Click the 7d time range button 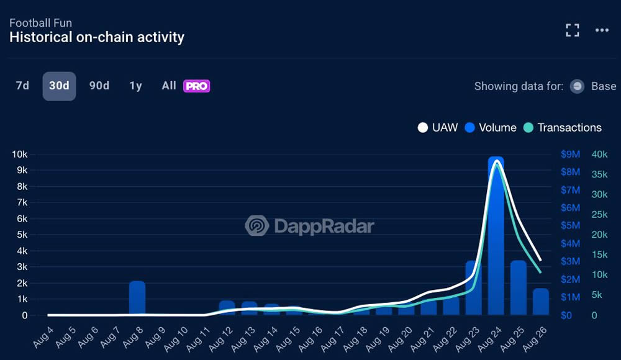click(x=22, y=86)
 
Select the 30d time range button click(x=59, y=86)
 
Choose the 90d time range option click(x=99, y=86)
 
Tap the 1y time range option click(x=135, y=86)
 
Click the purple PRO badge click(x=196, y=86)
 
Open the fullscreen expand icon click(x=572, y=30)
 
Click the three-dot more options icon click(x=602, y=30)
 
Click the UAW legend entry click(x=438, y=128)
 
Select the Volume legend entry click(x=491, y=128)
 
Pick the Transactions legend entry click(x=563, y=128)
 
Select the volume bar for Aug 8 click(x=137, y=298)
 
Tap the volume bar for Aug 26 click(x=541, y=302)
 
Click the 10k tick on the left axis click(x=19, y=154)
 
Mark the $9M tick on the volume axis click(x=570, y=154)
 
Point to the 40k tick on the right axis click(x=599, y=154)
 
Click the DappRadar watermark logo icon click(x=256, y=226)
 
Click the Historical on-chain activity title click(x=97, y=37)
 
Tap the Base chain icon click(x=578, y=87)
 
